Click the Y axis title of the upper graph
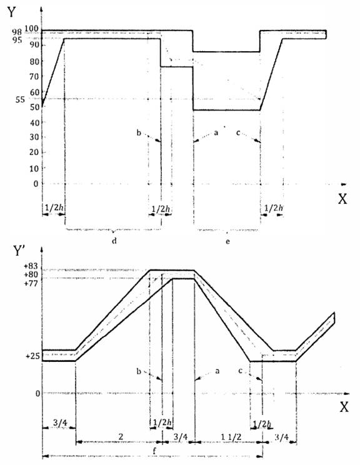click(x=11, y=12)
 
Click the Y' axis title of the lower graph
click(x=19, y=251)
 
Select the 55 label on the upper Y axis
click(x=20, y=99)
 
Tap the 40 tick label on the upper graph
click(x=34, y=122)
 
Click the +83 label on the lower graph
click(x=31, y=266)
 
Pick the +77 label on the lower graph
click(x=31, y=283)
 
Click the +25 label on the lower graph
click(x=32, y=356)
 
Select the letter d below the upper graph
click(x=114, y=241)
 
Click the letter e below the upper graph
click(x=227, y=241)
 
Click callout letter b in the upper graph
click(x=139, y=132)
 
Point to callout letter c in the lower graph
click(x=240, y=371)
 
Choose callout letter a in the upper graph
click(x=216, y=133)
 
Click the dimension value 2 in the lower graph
click(x=121, y=436)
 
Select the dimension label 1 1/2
click(x=231, y=437)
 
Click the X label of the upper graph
click(x=342, y=199)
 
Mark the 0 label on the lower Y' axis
click(x=37, y=394)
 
